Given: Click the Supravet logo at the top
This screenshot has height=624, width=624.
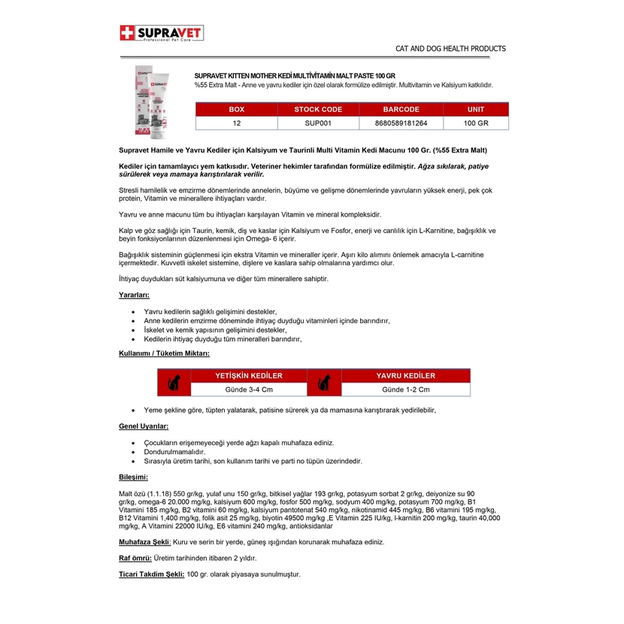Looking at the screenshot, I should click(x=162, y=34).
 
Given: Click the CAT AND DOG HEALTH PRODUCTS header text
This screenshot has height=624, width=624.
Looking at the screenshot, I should click(x=450, y=49).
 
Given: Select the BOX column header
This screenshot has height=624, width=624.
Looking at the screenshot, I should click(x=237, y=110).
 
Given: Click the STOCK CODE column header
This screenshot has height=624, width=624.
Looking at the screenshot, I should click(x=318, y=110).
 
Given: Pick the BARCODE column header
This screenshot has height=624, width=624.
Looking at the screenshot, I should click(x=401, y=110).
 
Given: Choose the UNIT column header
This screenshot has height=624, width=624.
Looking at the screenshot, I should click(x=475, y=110).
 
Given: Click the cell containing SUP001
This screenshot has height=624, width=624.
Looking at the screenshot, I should click(x=318, y=123).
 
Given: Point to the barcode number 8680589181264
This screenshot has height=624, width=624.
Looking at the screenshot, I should click(x=401, y=123).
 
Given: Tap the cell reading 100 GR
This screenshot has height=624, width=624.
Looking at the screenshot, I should click(x=475, y=123).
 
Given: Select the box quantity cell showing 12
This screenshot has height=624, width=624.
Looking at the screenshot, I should click(x=237, y=123).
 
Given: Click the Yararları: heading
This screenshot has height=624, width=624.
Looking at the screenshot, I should click(x=135, y=295).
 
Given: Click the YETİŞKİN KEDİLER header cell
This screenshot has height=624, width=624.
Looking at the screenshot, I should click(x=249, y=376).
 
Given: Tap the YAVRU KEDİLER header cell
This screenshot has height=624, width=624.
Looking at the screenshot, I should click(x=405, y=376).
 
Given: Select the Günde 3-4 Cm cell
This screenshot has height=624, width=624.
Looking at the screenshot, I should click(x=249, y=389).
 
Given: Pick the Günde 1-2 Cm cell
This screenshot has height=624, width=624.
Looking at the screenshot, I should click(x=405, y=389).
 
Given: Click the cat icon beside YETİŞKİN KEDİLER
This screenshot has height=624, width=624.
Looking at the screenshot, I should click(x=174, y=383).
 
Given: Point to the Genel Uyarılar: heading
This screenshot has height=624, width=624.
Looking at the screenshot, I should click(x=144, y=426).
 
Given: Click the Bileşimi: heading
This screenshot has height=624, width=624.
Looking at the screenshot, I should click(x=134, y=477).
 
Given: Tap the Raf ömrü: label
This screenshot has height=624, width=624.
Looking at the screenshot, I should click(x=135, y=558).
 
